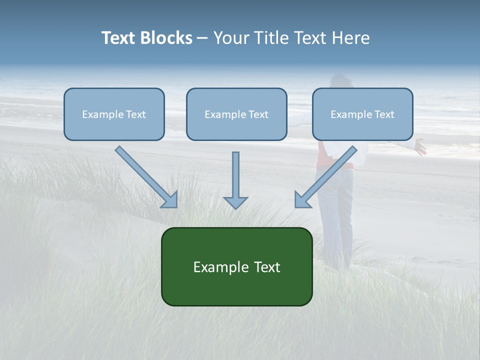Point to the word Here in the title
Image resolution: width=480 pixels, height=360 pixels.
pos(351,38)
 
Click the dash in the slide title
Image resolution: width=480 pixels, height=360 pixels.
pos(202,38)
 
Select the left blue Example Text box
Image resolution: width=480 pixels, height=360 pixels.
pos(114,114)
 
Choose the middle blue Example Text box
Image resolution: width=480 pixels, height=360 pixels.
pos(236,114)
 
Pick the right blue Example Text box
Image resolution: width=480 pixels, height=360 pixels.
pos(362,114)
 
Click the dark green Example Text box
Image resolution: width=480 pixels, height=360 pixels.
pos(236,266)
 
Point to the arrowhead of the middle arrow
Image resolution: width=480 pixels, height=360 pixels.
pos(235,202)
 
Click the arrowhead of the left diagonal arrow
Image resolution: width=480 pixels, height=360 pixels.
pos(170,200)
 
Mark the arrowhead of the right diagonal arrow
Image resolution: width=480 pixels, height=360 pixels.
pos(301,200)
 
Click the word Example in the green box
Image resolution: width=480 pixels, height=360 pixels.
pos(218,267)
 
